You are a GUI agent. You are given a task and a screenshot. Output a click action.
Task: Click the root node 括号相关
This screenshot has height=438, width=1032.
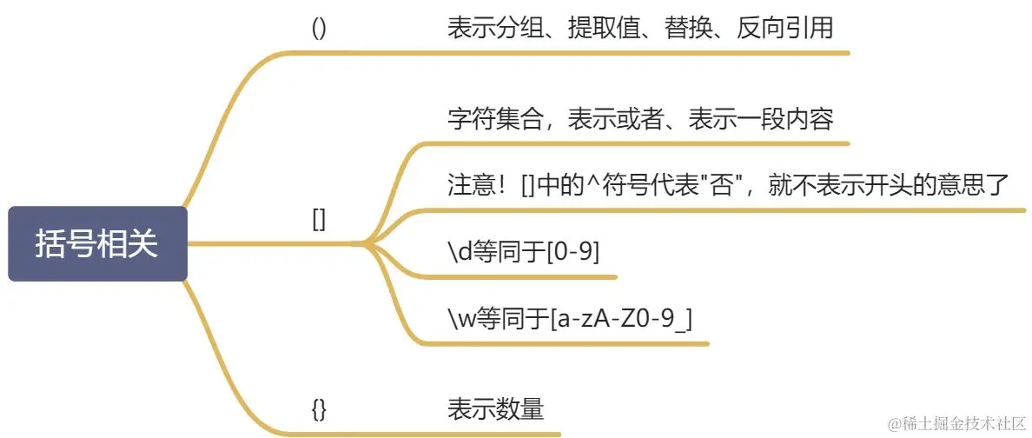(x=97, y=244)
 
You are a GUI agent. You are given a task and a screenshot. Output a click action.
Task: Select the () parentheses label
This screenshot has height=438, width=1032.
(x=319, y=28)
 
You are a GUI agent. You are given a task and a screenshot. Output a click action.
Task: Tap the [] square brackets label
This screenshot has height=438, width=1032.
(x=319, y=220)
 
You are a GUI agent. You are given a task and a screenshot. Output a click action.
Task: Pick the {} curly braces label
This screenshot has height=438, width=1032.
(x=319, y=408)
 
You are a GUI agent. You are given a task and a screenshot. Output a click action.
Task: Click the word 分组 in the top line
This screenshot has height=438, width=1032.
(x=519, y=28)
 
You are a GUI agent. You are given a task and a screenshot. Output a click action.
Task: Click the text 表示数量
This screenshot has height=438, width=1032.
(x=495, y=408)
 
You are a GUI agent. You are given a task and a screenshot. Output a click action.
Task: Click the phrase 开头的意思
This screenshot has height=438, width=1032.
(x=910, y=187)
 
